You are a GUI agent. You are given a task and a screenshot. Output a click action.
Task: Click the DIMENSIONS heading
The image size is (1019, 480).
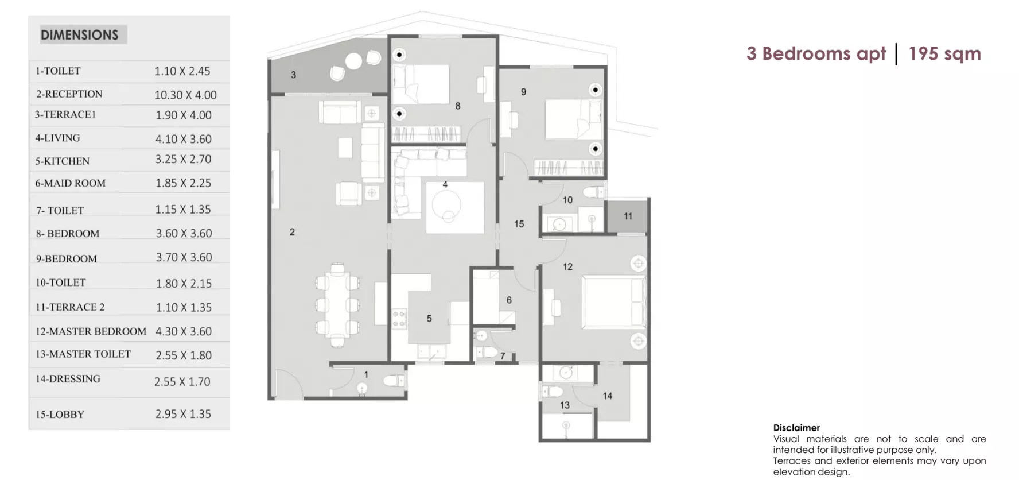click(x=79, y=35)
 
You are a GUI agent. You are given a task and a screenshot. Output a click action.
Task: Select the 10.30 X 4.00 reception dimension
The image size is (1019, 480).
click(x=185, y=95)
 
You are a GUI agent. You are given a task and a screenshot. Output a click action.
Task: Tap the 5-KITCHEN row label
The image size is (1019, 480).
click(x=63, y=161)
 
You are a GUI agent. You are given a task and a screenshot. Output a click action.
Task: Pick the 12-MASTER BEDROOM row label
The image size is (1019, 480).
click(x=91, y=331)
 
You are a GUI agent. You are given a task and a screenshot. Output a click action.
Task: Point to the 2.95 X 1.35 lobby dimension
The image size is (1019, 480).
click(x=183, y=414)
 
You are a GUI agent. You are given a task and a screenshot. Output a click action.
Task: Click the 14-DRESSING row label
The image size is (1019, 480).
click(x=68, y=379)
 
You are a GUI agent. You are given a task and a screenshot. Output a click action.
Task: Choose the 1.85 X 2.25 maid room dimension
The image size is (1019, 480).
click(x=184, y=183)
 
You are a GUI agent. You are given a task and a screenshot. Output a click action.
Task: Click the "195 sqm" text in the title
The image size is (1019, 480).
click(x=944, y=53)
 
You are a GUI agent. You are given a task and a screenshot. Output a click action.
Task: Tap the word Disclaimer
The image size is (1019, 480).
click(x=796, y=428)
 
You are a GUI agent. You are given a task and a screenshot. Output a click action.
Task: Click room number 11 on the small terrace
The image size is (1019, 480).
click(x=628, y=216)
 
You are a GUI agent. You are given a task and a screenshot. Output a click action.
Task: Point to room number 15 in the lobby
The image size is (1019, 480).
click(x=519, y=224)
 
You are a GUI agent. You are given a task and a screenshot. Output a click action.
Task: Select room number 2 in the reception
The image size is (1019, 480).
click(x=292, y=232)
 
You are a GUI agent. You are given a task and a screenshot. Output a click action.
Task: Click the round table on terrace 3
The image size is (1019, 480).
click(x=353, y=61)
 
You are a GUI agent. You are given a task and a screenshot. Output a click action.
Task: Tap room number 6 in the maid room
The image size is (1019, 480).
click(x=509, y=300)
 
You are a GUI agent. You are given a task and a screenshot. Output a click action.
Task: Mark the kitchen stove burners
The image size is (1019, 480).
click(x=399, y=319)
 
